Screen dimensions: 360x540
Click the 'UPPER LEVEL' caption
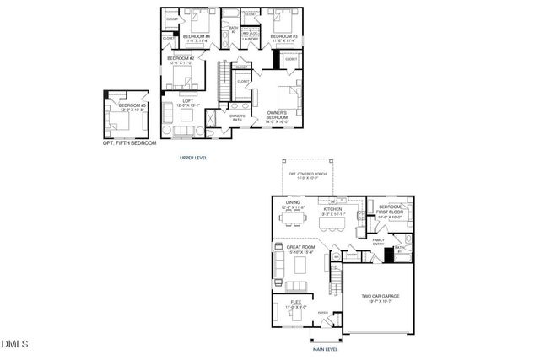click(193, 158)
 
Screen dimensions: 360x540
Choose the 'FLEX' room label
click(296, 301)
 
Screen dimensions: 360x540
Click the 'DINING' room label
click(293, 203)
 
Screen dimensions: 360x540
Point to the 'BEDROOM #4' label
click(197, 36)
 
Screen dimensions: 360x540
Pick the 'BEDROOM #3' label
click(283, 36)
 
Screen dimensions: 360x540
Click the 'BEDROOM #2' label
click(181, 58)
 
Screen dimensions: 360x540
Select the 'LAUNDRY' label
click(250, 39)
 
